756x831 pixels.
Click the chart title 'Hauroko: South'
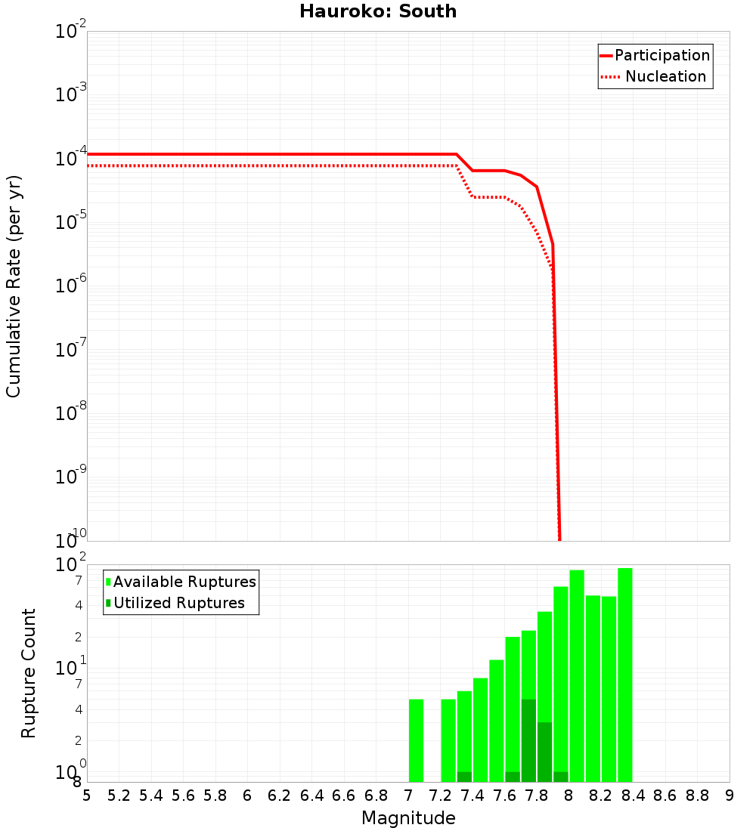(378, 11)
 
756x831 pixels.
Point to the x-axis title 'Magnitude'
(408, 818)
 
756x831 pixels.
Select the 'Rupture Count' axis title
(29, 673)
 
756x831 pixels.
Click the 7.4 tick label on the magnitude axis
(472, 795)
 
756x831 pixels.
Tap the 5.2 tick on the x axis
(119, 795)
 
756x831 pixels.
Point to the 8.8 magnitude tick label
(697, 795)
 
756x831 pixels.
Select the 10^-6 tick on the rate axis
(71, 286)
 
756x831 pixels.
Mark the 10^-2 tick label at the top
(71, 31)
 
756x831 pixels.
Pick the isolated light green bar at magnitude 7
(416, 740)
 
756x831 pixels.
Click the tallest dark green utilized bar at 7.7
(528, 740)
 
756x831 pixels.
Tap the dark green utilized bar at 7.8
(544, 752)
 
